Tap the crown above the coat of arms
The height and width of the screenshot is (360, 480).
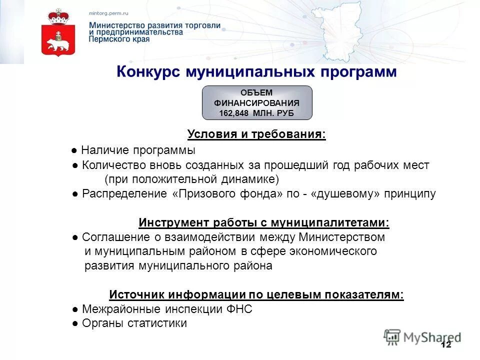tap(57, 16)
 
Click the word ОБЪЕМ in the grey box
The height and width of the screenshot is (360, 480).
tap(257, 93)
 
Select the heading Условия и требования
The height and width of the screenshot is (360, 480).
tap(256, 134)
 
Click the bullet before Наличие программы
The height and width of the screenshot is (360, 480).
tap(73, 150)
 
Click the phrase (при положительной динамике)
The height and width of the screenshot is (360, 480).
tap(191, 179)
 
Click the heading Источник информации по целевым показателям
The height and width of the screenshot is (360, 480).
tap(256, 295)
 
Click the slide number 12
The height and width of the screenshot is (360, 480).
tap(446, 345)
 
